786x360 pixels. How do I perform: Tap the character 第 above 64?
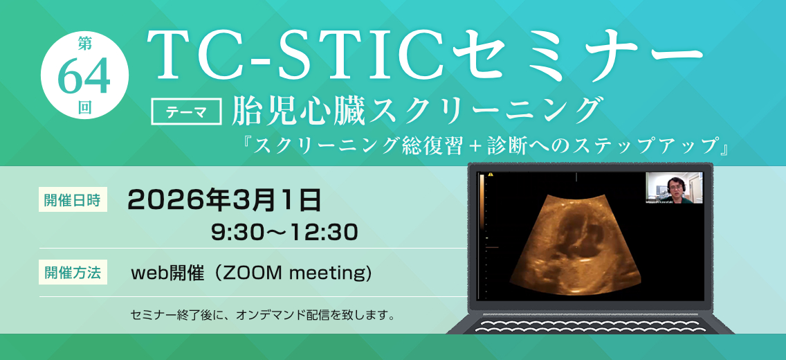click(84, 44)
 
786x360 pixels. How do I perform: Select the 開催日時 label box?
click(73, 201)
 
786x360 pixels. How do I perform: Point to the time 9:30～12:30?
click(284, 233)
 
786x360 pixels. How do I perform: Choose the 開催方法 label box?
click(73, 273)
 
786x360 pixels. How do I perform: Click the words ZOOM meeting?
click(293, 273)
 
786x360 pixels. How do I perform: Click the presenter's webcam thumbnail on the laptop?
click(674, 188)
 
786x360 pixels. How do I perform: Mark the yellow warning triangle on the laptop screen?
click(491, 174)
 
